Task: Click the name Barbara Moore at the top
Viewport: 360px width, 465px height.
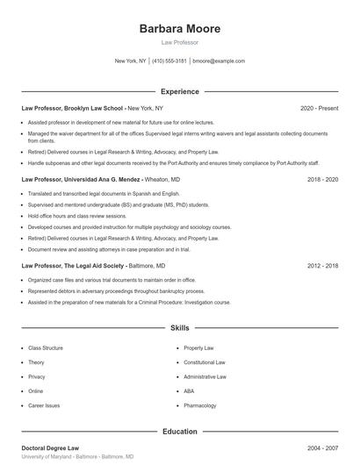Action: tap(180, 29)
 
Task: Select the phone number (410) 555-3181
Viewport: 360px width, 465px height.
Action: tap(169, 61)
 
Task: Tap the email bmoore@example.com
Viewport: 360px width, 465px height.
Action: tap(219, 61)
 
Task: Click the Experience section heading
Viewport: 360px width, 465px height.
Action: tap(180, 91)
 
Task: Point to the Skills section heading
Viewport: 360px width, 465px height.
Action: tap(180, 327)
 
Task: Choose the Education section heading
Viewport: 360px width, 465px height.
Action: tap(180, 432)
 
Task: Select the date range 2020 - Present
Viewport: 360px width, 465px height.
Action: tap(319, 108)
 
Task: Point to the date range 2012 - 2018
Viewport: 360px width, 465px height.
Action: tap(322, 265)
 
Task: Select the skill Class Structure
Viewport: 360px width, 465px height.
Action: tap(46, 348)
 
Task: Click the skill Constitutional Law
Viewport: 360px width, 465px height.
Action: tap(205, 362)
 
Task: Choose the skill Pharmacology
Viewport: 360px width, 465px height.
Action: tap(199, 406)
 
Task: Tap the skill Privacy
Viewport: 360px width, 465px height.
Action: tap(36, 376)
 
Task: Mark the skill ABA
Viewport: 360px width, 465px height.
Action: tap(189, 391)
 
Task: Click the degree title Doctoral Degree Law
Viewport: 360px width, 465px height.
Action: tap(56, 448)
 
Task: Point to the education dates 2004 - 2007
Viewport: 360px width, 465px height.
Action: tap(322, 448)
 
